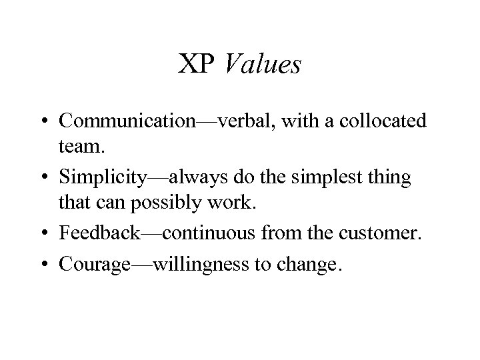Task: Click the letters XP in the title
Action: (x=197, y=65)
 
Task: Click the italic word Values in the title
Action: (x=263, y=65)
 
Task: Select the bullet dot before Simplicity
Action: (x=48, y=177)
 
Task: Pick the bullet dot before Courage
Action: (x=48, y=265)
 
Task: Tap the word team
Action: (x=79, y=149)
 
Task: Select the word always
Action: (x=195, y=177)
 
